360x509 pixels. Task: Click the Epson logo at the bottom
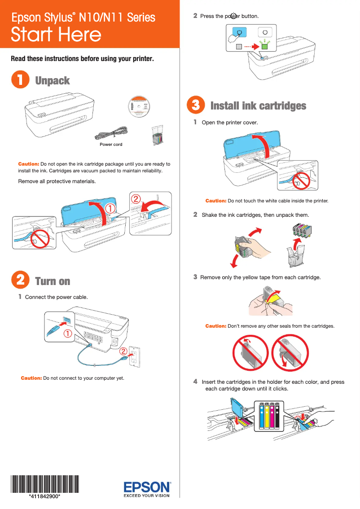[x=147, y=487]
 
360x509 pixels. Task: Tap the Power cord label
[x=111, y=145]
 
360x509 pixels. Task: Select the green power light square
[x=265, y=46]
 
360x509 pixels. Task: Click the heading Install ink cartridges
[x=258, y=106]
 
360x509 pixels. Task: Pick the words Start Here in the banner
[x=56, y=35]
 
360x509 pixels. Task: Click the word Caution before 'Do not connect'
[x=31, y=378]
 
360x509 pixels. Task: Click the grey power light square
[x=239, y=46]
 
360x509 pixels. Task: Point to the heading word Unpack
[x=53, y=81]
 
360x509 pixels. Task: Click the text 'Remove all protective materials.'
[x=57, y=181]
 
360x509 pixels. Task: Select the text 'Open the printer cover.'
[x=230, y=123]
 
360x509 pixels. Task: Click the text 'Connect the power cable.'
[x=56, y=297]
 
